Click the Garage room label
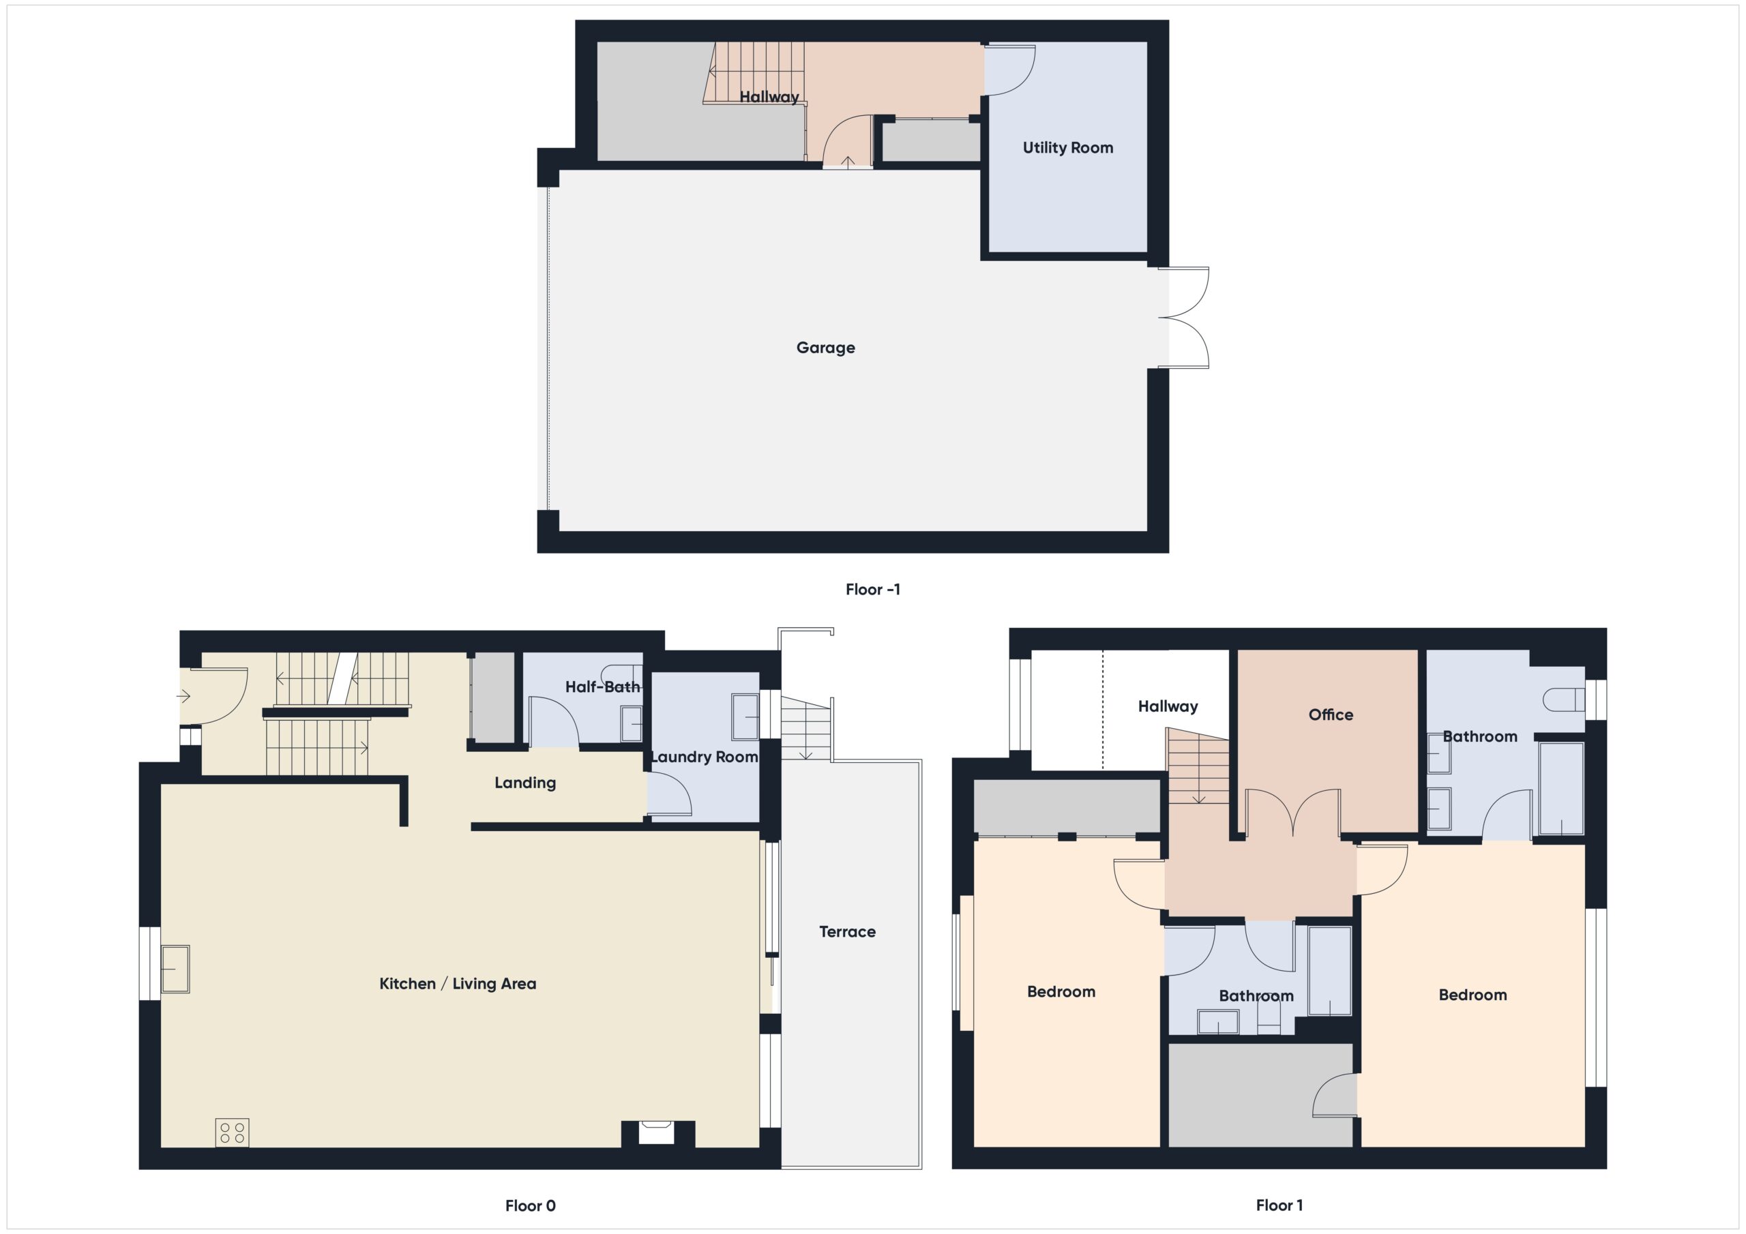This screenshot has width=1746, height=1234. pos(825,348)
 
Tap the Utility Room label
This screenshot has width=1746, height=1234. pos(1067,147)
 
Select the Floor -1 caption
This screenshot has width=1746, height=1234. pos(872,589)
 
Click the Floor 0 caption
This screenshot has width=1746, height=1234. pos(530,1205)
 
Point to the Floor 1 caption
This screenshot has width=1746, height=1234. pos(1278,1205)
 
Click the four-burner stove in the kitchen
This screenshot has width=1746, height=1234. pos(232,1132)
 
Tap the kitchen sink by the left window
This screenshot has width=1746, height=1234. pos(176,969)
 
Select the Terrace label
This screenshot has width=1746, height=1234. pos(847,931)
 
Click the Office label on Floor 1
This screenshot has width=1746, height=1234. pos(1330,714)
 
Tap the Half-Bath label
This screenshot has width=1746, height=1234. pos(602,687)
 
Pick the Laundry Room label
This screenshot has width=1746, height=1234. pos(704,757)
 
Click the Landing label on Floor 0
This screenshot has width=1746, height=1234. pos(524,783)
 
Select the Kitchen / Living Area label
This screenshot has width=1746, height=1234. pos(457,983)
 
